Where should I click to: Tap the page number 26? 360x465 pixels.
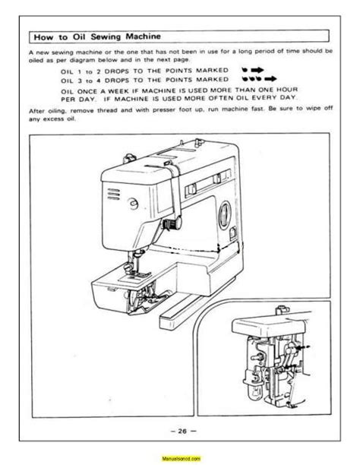pos(182,431)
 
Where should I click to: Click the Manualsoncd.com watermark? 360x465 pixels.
pos(181,458)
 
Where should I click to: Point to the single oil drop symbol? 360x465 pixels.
pos(245,70)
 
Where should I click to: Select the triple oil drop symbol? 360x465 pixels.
pos(251,79)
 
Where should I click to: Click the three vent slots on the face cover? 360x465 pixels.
pos(114,194)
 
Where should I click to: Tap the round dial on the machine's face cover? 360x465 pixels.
pos(133,204)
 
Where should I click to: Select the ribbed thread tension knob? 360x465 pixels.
pos(172,224)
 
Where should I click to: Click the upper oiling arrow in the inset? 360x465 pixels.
pos(303,346)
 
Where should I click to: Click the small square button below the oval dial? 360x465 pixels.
pos(233,232)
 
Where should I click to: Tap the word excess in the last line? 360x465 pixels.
pos(54,119)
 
